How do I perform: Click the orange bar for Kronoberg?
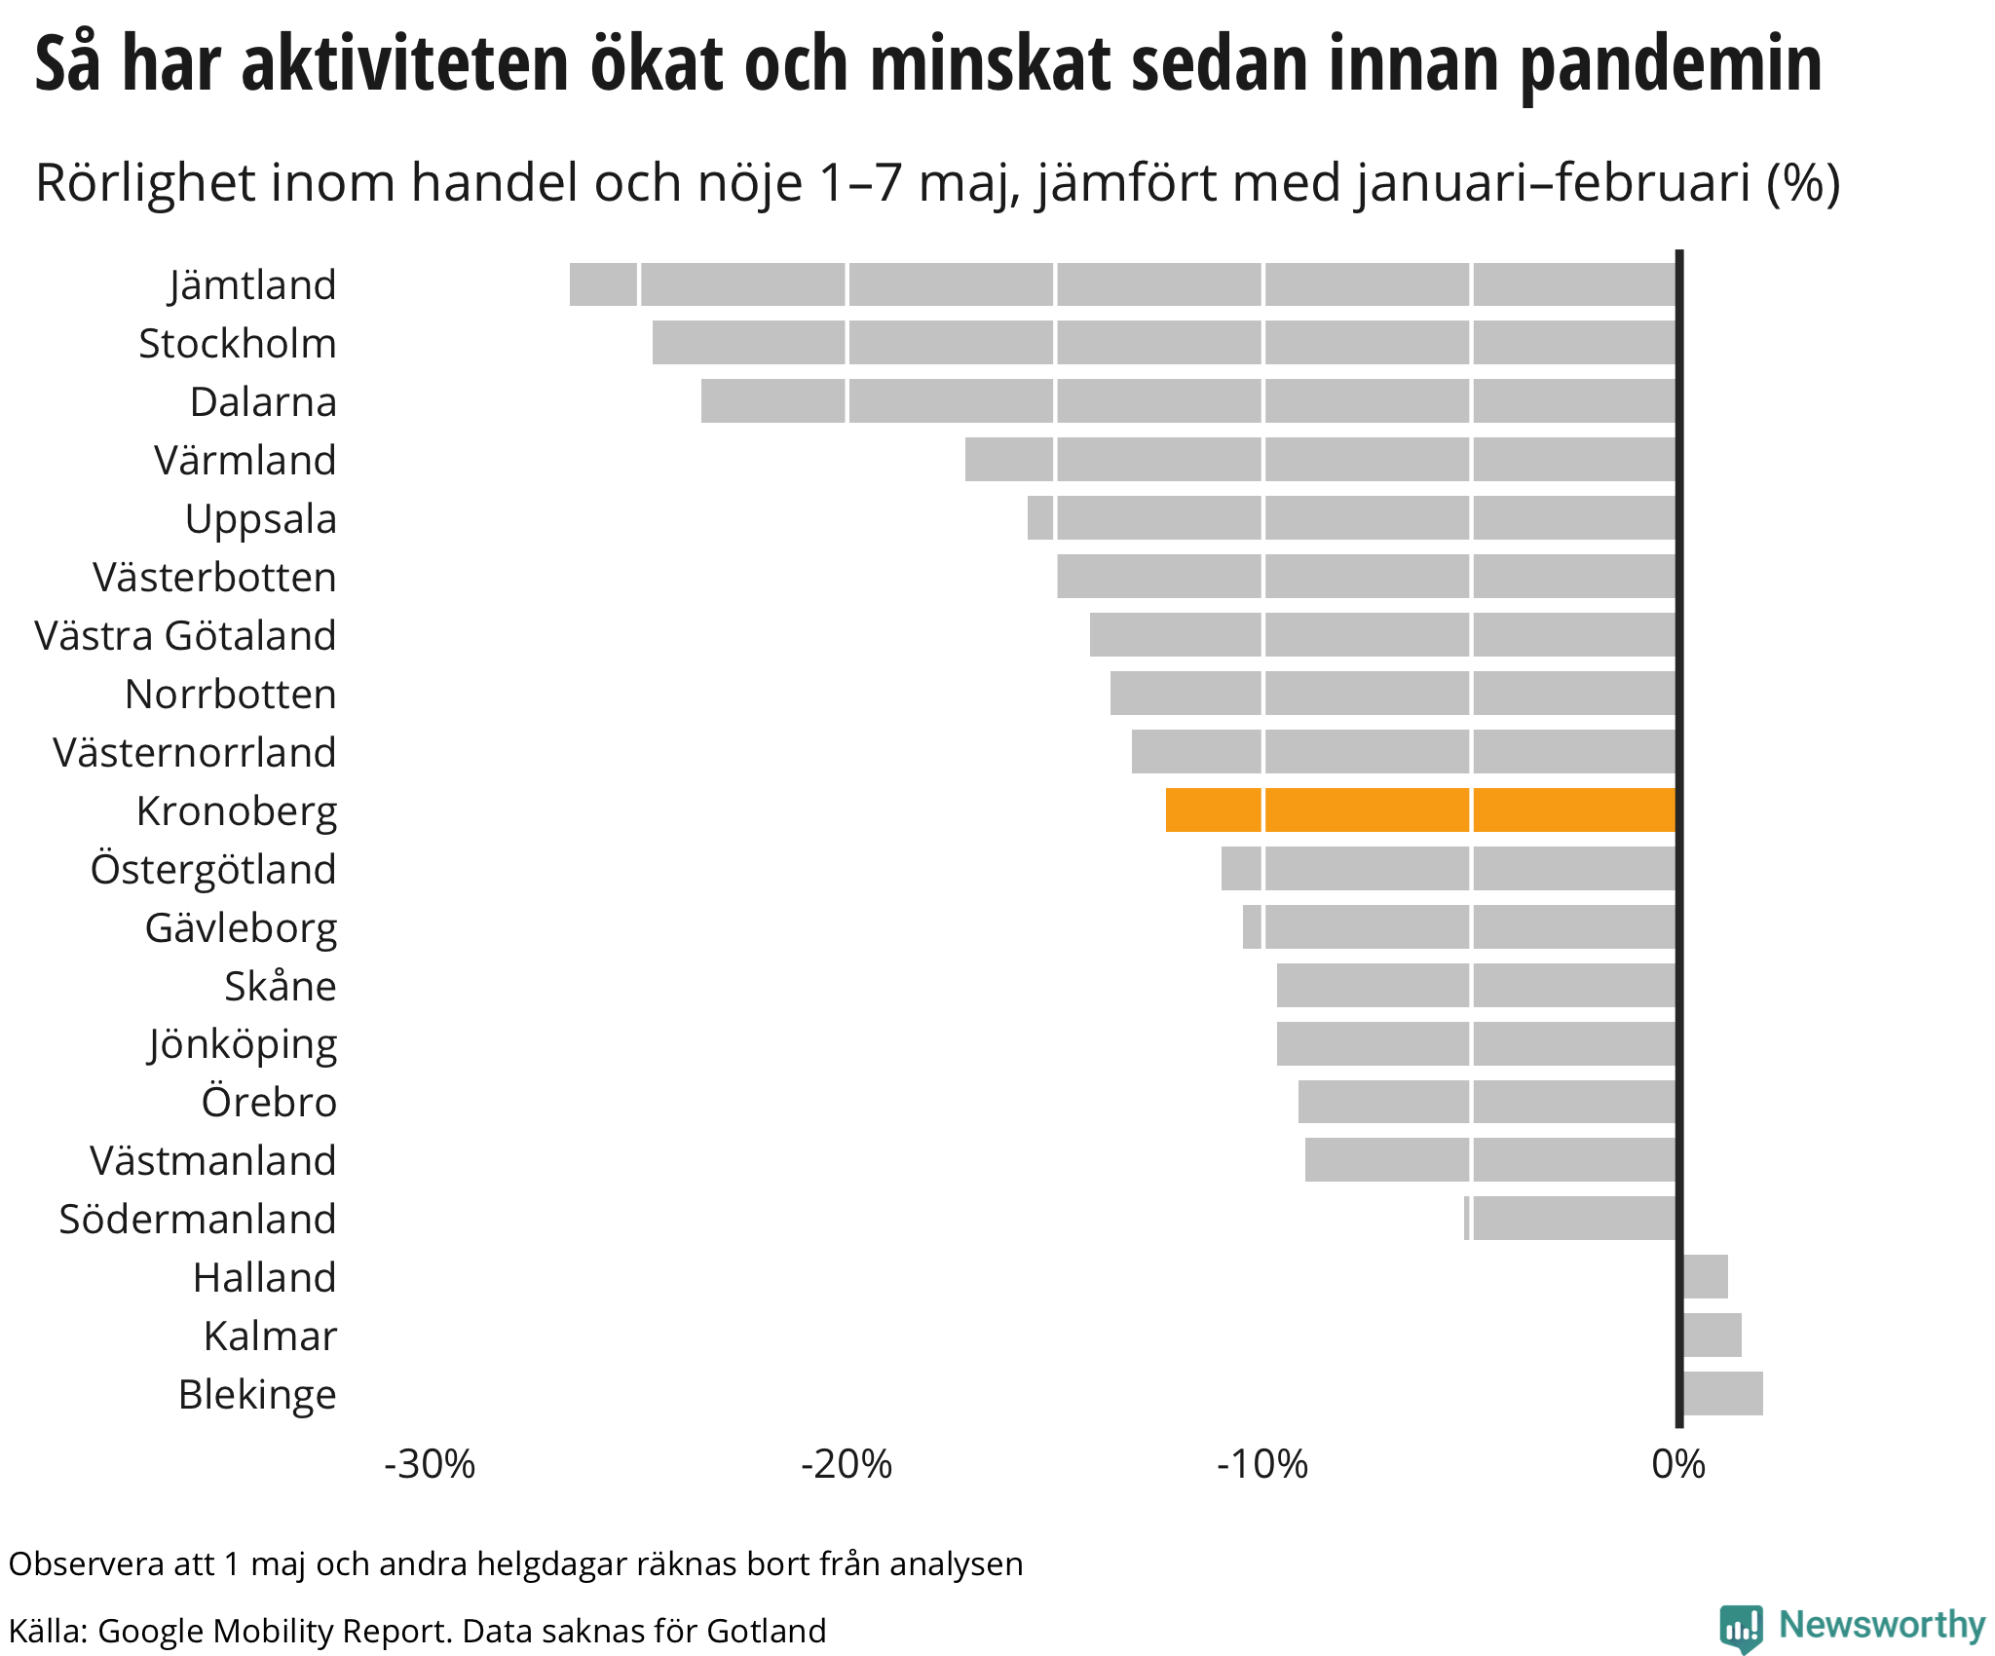(1420, 809)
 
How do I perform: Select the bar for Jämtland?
(1122, 284)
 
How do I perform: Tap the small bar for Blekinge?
(1722, 1393)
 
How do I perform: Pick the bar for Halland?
(1705, 1276)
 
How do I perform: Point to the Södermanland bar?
(1570, 1218)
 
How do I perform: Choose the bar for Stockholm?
(1164, 343)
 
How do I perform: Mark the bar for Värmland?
(1320, 459)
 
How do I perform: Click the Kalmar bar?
(1712, 1335)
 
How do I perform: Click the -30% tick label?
(430, 1464)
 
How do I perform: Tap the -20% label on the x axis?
(846, 1464)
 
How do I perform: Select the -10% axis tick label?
(1261, 1464)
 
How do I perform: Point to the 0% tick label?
(1678, 1464)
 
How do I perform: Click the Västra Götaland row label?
(185, 635)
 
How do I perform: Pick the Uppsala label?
(260, 519)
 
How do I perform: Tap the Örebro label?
(269, 1102)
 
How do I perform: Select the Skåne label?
(281, 986)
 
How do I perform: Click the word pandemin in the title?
(1671, 64)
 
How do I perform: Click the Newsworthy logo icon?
(1741, 1628)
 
